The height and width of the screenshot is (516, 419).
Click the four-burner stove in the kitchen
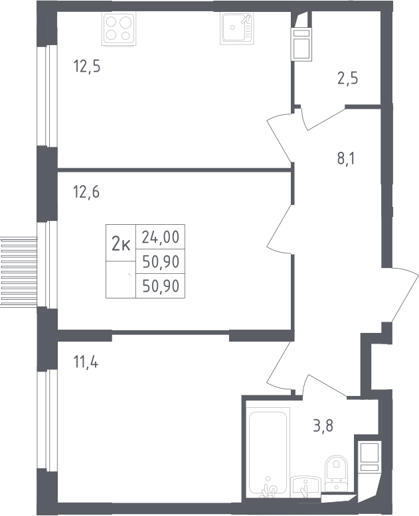(x=119, y=29)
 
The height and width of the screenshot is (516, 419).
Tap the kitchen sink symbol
(x=237, y=29)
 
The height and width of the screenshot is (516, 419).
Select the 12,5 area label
(x=86, y=66)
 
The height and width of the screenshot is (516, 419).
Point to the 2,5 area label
(x=347, y=79)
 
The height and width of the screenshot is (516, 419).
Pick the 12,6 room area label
(x=86, y=192)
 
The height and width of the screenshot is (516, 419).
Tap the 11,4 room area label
(x=86, y=362)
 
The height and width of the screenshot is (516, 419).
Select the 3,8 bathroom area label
(x=323, y=426)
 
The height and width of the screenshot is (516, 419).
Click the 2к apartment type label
(x=121, y=245)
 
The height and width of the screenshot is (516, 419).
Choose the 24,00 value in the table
(x=161, y=237)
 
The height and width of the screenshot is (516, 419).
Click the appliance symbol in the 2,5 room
(x=301, y=44)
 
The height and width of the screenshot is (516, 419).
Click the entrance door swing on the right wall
(x=400, y=294)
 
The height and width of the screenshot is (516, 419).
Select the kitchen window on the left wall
(x=47, y=96)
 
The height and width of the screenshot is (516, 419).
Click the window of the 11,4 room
(x=47, y=419)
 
